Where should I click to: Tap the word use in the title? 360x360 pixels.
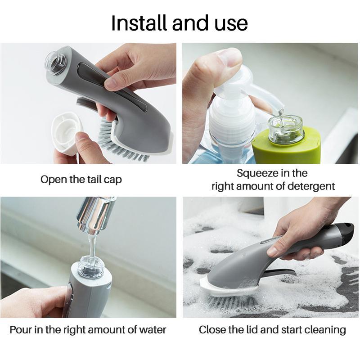[x=231, y=25]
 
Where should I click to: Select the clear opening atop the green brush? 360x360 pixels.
[x=286, y=129]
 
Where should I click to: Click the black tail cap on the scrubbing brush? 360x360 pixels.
[x=346, y=232]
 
